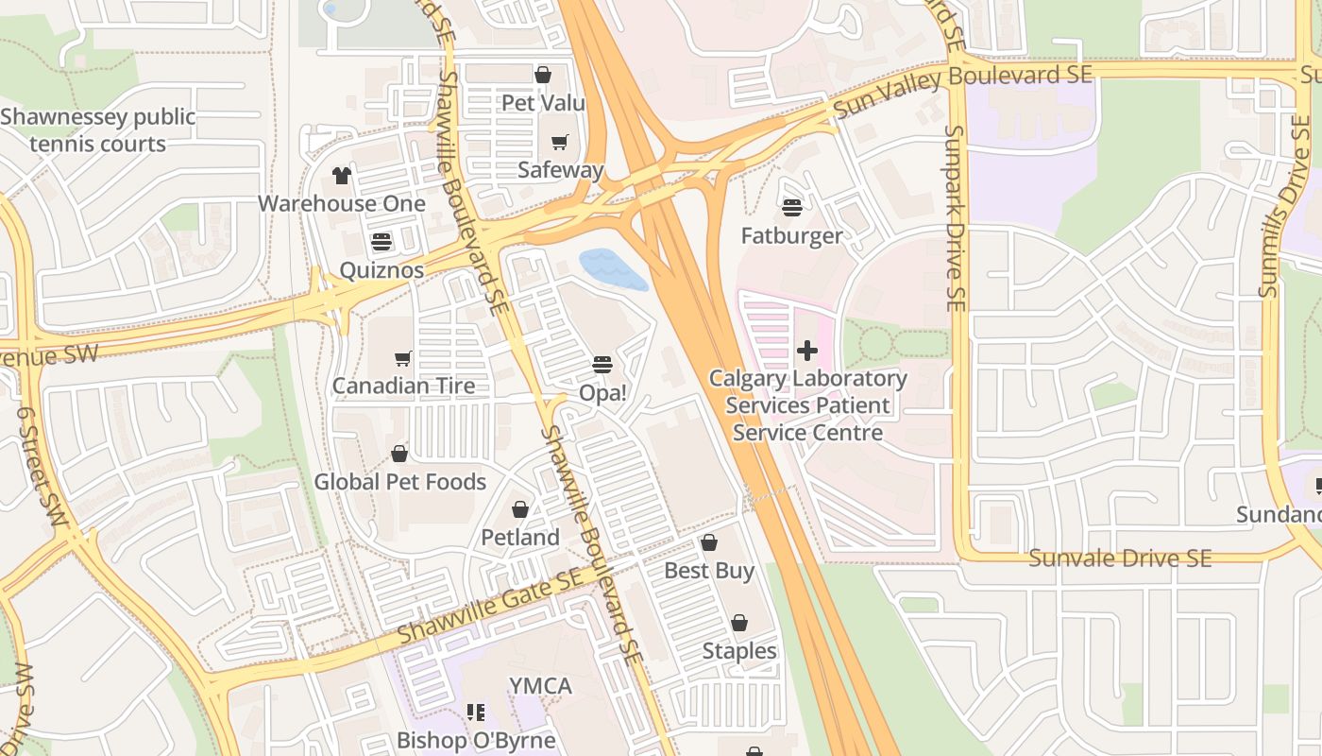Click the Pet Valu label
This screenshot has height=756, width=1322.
(x=543, y=103)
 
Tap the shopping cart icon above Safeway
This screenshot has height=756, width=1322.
(x=560, y=143)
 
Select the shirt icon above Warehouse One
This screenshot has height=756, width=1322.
(x=342, y=176)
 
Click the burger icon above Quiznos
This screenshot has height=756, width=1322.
(x=381, y=242)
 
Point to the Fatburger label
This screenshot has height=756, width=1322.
(x=791, y=236)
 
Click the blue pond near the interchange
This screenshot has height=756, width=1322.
(x=613, y=269)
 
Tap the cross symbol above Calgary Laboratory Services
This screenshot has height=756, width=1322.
(x=807, y=351)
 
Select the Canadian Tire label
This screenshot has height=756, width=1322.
(x=403, y=387)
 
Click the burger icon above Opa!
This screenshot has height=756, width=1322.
(x=602, y=364)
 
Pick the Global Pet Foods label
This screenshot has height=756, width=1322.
(x=399, y=482)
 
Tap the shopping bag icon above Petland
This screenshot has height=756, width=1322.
(x=520, y=509)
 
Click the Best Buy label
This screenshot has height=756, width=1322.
(x=709, y=571)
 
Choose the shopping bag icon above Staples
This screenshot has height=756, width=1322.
(x=739, y=623)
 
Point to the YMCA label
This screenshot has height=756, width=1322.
(x=540, y=686)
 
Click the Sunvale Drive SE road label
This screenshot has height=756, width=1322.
(x=1119, y=558)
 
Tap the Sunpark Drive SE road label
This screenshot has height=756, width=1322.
(x=956, y=217)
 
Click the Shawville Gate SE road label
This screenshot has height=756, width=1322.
(x=489, y=609)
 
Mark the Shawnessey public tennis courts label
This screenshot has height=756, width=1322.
(x=98, y=130)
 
